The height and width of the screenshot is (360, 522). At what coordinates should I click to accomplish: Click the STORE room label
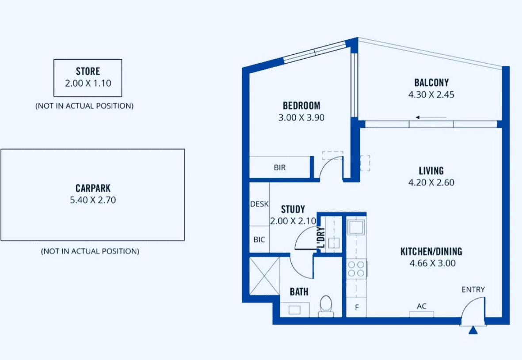[x=88, y=71]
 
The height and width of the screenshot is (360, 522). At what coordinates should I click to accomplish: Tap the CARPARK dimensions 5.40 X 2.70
[x=93, y=200]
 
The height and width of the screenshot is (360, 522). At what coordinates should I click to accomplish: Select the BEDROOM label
[x=301, y=106]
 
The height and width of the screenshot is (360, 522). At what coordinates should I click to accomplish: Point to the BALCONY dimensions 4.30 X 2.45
[x=431, y=95]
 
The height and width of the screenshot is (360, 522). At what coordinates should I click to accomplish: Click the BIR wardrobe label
[x=280, y=167]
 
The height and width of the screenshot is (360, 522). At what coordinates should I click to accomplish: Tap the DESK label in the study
[x=259, y=204]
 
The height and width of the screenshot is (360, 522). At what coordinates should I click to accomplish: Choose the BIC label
[x=259, y=239]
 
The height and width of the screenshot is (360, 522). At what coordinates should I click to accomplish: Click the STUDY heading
[x=293, y=209]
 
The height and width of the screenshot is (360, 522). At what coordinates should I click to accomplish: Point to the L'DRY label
[x=321, y=238]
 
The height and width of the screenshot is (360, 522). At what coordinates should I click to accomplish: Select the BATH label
[x=299, y=292]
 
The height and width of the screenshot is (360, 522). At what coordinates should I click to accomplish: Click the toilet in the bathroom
[x=326, y=306]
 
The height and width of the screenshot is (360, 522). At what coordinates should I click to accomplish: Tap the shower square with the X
[x=265, y=276]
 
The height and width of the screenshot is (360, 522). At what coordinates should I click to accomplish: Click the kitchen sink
[x=356, y=227]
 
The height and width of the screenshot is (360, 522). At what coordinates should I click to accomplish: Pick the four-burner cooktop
[x=357, y=269]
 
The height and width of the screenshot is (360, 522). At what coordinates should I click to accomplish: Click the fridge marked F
[x=357, y=307]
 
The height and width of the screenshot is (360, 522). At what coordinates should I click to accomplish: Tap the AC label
[x=422, y=306]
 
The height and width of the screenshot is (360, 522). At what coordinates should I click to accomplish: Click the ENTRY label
[x=473, y=290]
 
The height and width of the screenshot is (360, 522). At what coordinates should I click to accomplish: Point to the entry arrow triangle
[x=473, y=330]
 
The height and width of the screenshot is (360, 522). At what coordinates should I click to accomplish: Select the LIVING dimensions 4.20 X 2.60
[x=431, y=182]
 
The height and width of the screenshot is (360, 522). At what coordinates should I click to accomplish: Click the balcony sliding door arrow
[x=431, y=117]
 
